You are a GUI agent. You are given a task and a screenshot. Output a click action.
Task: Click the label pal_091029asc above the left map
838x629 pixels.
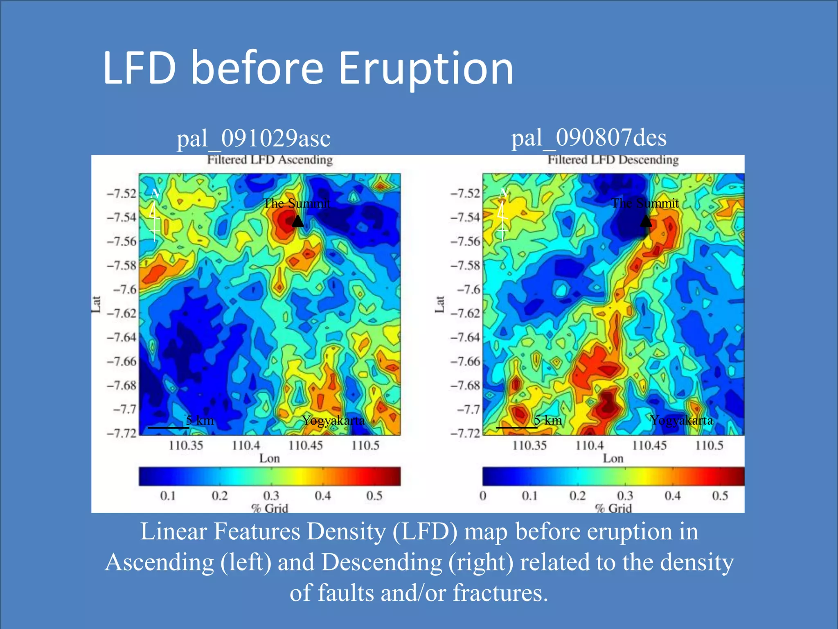pyautogui.click(x=253, y=138)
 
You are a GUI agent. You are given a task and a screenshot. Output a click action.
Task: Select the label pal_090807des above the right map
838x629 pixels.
pyautogui.click(x=589, y=138)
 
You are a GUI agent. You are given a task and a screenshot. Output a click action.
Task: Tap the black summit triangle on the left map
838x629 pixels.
pyautogui.click(x=297, y=222)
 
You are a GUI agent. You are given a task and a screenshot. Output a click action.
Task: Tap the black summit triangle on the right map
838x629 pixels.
pyautogui.click(x=646, y=222)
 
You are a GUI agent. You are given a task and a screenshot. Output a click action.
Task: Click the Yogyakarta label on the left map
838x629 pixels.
pyautogui.click(x=333, y=420)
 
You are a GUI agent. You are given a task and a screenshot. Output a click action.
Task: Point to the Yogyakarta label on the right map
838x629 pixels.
pyautogui.click(x=682, y=420)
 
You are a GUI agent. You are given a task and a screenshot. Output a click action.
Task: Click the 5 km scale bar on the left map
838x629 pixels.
pyautogui.click(x=168, y=428)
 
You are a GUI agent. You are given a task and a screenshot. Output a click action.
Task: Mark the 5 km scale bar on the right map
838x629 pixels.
pyautogui.click(x=516, y=428)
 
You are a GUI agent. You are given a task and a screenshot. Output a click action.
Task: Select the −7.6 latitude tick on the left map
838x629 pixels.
pyautogui.click(x=125, y=290)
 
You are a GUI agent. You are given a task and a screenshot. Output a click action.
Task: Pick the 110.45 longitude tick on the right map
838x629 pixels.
pyautogui.click(x=649, y=445)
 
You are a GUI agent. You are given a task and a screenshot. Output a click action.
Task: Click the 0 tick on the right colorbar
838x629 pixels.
pyautogui.click(x=483, y=496)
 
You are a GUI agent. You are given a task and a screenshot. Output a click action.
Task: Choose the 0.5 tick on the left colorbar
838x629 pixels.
pyautogui.click(x=374, y=496)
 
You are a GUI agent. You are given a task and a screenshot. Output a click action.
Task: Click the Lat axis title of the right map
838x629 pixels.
pyautogui.click(x=439, y=304)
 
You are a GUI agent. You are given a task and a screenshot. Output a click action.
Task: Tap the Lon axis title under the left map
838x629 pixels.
pyautogui.click(x=269, y=458)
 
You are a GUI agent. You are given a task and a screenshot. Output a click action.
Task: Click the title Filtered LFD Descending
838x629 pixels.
pyautogui.click(x=613, y=159)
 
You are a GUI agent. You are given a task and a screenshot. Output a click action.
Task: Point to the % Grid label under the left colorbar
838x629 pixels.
pyautogui.click(x=270, y=508)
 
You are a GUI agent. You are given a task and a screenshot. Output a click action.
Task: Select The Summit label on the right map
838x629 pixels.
pyautogui.click(x=644, y=203)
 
